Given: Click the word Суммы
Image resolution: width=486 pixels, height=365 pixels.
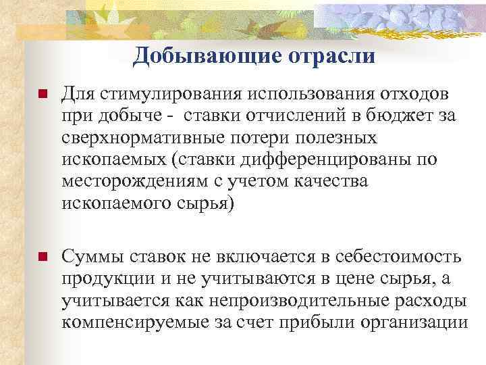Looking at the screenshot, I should [91, 258].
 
